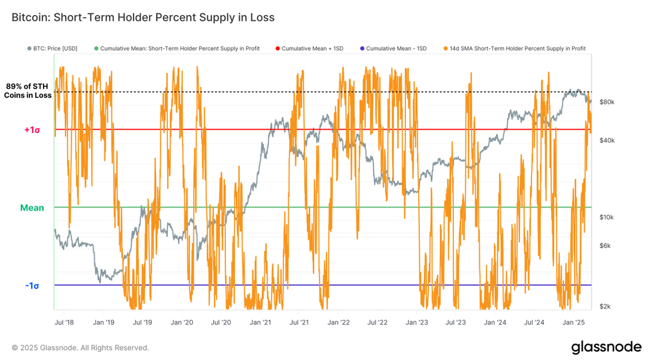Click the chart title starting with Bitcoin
tap(143, 17)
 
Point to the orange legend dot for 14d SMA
tap(446, 49)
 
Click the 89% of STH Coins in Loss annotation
tap(28, 91)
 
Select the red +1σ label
tap(32, 130)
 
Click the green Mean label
tap(32, 208)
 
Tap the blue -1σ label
tap(32, 286)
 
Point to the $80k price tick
tap(607, 102)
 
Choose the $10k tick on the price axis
tap(606, 217)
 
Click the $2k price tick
tap(605, 306)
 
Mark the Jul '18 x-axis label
tap(64, 322)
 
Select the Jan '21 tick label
tap(260, 322)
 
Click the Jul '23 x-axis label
tap(456, 322)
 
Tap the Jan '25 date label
tap(574, 322)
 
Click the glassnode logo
tap(606, 347)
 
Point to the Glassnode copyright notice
tap(80, 348)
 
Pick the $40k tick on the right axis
tap(607, 140)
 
